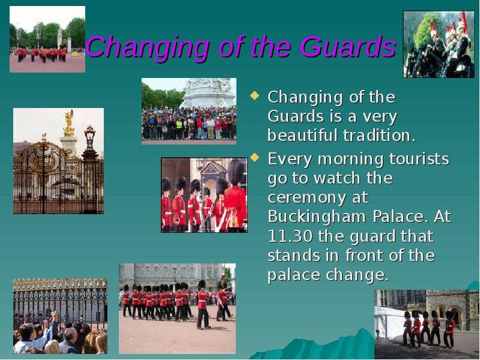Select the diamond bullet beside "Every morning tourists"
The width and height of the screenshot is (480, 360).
click(254, 157)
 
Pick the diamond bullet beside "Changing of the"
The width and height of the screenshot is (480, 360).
click(254, 95)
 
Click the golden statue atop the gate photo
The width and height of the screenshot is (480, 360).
click(69, 122)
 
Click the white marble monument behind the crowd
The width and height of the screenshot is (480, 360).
click(209, 93)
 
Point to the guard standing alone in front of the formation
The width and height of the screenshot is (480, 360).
click(202, 305)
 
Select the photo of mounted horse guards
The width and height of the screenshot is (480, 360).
click(439, 44)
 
